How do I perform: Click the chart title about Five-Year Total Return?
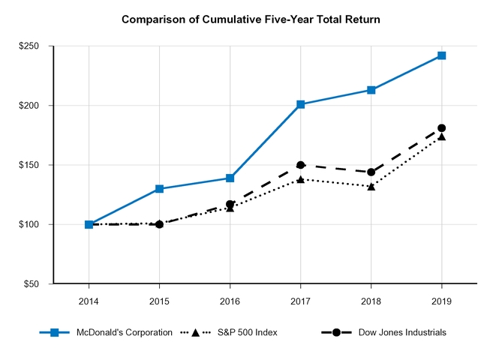251,19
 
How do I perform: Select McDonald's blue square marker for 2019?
442,55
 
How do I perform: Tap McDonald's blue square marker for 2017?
301,104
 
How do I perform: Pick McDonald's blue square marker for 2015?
159,189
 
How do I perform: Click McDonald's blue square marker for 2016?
230,178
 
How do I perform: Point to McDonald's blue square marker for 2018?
371,90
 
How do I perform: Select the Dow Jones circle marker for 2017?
301,165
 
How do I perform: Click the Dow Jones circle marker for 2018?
371,172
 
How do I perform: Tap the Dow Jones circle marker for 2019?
442,128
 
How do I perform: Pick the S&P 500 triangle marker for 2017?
301,179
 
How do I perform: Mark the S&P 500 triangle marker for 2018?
371,186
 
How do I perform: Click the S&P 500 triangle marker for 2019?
442,136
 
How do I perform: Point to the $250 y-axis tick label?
30,46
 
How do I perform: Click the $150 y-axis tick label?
30,165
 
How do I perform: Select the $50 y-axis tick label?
32,284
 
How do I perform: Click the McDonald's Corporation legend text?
125,332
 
